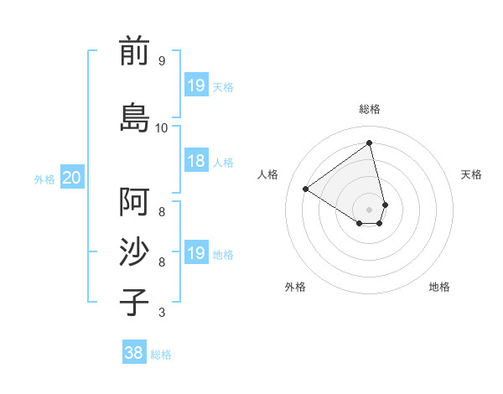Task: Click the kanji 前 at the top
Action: point(134,52)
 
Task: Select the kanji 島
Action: point(134,117)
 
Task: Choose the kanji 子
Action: point(134,302)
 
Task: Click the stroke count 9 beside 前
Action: point(161,61)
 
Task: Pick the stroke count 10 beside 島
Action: point(161,127)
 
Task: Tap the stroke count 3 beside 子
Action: point(161,313)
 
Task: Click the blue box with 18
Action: point(195,162)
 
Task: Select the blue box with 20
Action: point(71,178)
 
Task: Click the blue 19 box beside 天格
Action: point(195,86)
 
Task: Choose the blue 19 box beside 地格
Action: point(195,253)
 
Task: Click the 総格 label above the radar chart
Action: point(370,109)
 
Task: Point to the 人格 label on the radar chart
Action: point(268,174)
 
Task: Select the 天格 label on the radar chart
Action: point(471,174)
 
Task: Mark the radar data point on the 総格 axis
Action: point(370,143)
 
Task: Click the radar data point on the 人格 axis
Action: point(306,189)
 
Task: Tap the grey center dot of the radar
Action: point(370,209)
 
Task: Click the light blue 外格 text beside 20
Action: point(44,179)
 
